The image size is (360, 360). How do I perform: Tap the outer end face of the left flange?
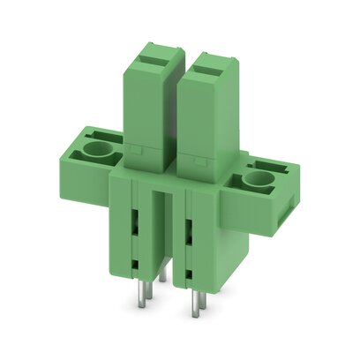[70, 163]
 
